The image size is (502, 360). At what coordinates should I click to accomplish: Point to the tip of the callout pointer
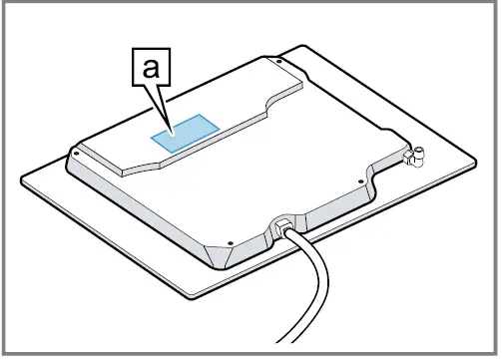point(172,132)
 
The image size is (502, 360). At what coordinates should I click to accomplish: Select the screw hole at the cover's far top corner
point(280,63)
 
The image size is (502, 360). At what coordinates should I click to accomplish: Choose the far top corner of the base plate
point(304,45)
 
